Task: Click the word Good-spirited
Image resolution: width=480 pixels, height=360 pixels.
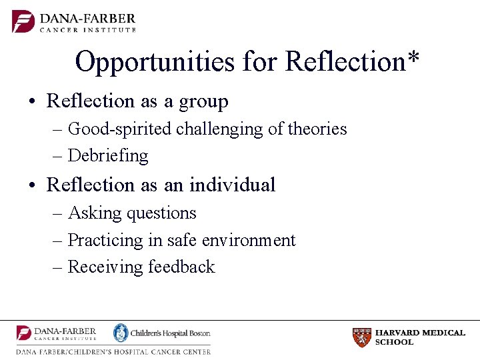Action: point(121,129)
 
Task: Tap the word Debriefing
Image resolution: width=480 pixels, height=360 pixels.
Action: point(108,155)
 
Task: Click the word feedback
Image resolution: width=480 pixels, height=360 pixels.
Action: point(181,267)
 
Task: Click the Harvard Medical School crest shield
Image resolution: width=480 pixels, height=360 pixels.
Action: point(361,337)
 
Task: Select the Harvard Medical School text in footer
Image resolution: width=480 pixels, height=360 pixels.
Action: point(420,337)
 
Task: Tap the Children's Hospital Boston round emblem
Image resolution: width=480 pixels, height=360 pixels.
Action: point(120,333)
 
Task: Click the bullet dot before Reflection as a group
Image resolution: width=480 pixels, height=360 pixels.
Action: point(31,102)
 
